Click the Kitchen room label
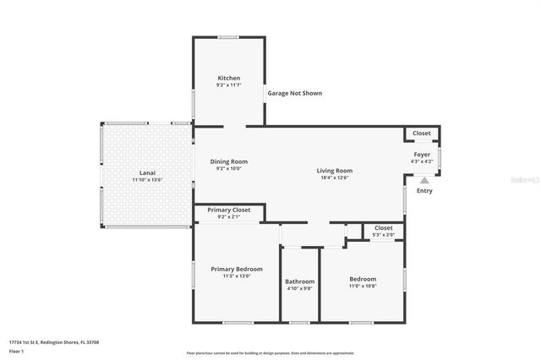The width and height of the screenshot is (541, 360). click(x=228, y=78)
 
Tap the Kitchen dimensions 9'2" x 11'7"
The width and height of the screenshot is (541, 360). click(x=228, y=85)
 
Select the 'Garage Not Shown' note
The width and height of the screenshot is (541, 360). click(x=294, y=93)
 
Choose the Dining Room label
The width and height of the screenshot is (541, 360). click(x=228, y=161)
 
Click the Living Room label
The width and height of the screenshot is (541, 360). click(x=334, y=170)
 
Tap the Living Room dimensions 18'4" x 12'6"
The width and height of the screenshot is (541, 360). click(x=334, y=177)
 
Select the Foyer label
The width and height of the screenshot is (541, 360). click(x=421, y=154)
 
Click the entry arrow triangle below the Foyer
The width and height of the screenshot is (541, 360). click(x=424, y=179)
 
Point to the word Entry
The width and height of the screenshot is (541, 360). click(x=424, y=190)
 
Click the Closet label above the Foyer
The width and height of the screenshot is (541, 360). click(x=421, y=133)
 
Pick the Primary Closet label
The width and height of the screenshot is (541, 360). click(x=229, y=210)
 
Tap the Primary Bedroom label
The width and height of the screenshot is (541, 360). click(x=236, y=269)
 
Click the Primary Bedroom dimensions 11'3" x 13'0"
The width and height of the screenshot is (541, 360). click(x=236, y=276)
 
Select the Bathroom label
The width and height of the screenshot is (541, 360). click(x=299, y=281)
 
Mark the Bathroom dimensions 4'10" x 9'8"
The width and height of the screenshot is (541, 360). click(x=299, y=289)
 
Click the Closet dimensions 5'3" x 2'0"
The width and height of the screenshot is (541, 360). click(x=383, y=234)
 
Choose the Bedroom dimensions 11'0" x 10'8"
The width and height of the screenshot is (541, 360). click(x=363, y=286)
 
